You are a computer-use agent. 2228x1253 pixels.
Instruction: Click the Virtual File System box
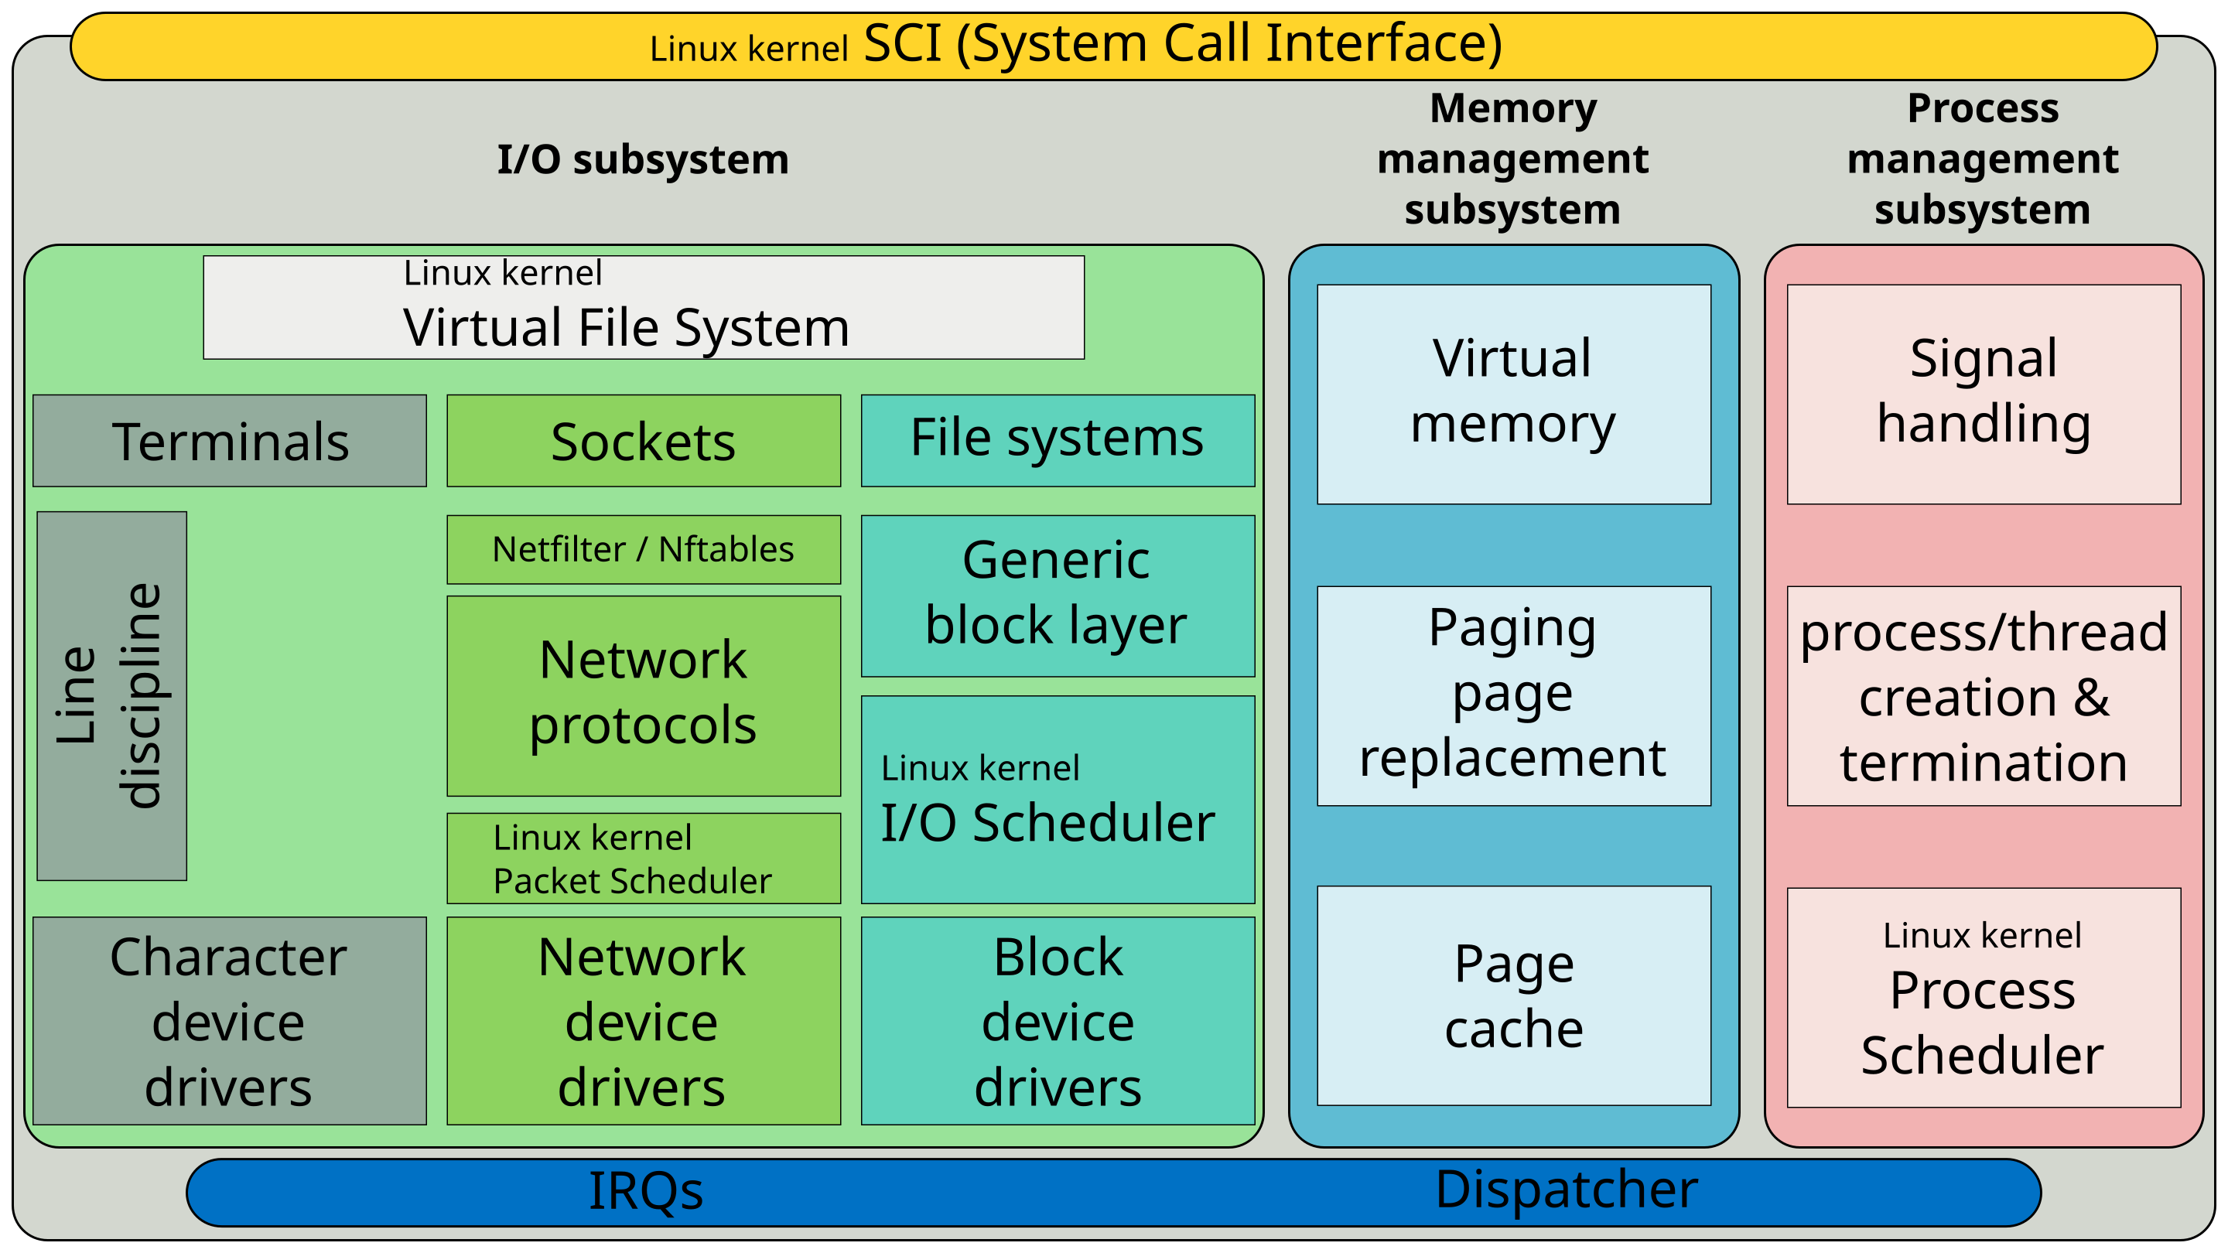click(644, 307)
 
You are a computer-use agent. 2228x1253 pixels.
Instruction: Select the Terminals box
click(229, 441)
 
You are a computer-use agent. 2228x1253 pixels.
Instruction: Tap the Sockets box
click(644, 441)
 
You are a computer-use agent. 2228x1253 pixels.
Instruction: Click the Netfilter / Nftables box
click(644, 549)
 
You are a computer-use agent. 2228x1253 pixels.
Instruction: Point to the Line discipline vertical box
click(111, 695)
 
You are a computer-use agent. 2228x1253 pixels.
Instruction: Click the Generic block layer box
click(1057, 595)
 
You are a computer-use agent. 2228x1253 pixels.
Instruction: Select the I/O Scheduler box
click(1057, 800)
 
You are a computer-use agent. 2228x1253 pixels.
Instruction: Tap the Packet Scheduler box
click(644, 858)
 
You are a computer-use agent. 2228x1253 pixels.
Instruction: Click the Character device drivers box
click(229, 1020)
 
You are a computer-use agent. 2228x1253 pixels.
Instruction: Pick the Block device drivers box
click(1057, 1020)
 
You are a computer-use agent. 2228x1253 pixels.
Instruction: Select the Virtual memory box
click(1514, 394)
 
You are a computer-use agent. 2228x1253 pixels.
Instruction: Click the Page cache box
click(1514, 995)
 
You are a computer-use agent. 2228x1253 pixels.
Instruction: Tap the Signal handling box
click(1984, 394)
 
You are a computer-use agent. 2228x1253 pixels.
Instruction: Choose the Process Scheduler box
click(1984, 996)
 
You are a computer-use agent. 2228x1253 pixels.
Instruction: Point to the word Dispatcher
click(1567, 1190)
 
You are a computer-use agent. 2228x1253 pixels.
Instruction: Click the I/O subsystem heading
click(643, 160)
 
